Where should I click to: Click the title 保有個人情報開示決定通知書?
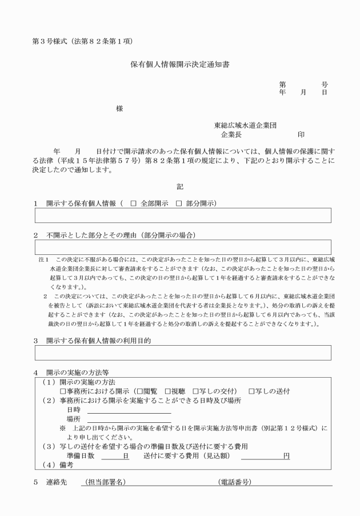180,65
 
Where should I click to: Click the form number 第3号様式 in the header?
48,41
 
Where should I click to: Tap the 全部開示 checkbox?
133,203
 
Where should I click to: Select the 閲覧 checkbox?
139,391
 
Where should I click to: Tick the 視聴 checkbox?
168,391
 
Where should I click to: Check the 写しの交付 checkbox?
196,391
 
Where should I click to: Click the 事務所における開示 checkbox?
63,391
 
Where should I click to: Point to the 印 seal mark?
301,135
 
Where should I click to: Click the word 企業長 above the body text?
232,135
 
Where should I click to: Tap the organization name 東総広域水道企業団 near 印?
246,125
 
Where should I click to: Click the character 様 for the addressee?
119,109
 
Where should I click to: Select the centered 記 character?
180,186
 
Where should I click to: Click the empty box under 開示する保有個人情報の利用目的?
183,353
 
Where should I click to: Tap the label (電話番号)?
234,482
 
